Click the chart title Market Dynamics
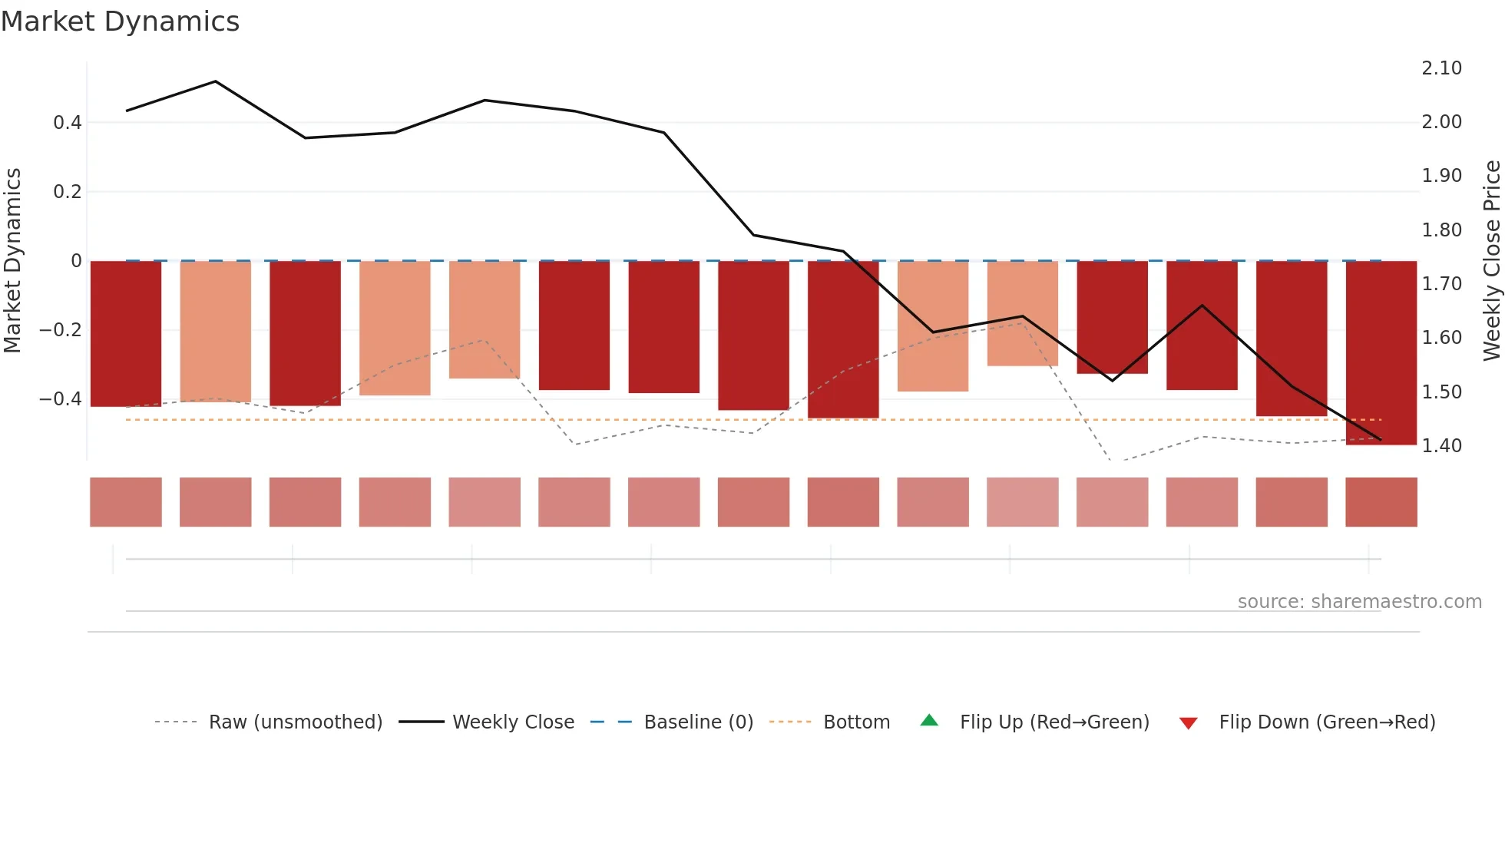(x=120, y=21)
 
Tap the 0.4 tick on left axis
(x=67, y=123)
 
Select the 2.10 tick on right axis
(x=1441, y=68)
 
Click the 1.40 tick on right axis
(x=1441, y=446)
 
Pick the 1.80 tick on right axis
(x=1441, y=230)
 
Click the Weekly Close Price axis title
(x=1491, y=260)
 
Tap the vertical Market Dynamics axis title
(x=12, y=260)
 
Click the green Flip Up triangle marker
(x=929, y=720)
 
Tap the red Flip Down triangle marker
(x=1188, y=723)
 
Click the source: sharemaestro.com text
(x=1359, y=602)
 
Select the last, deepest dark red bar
(x=1381, y=353)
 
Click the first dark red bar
(x=126, y=334)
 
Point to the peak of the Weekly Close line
(x=216, y=81)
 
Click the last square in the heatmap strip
(x=1381, y=502)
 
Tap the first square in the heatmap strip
(x=126, y=502)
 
